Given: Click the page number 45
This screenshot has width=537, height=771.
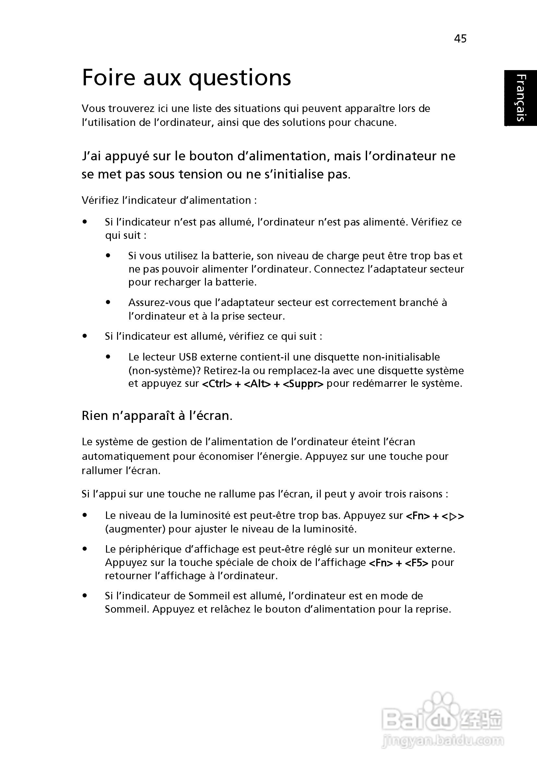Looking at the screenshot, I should pos(460,39).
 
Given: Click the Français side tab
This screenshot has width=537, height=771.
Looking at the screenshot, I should pos(520,98).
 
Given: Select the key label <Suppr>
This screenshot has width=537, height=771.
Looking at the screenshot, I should pos(303,384).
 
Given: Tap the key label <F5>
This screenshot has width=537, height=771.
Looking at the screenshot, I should pos(416,563).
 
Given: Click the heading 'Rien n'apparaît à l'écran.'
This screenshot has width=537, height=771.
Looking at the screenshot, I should pos(157,416).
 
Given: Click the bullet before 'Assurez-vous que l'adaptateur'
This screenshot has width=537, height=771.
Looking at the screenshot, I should pos(108,302).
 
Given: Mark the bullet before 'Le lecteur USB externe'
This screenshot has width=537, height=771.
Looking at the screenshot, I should pos(108,357).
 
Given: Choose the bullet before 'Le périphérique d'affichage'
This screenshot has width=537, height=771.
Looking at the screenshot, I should pos(85,549).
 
